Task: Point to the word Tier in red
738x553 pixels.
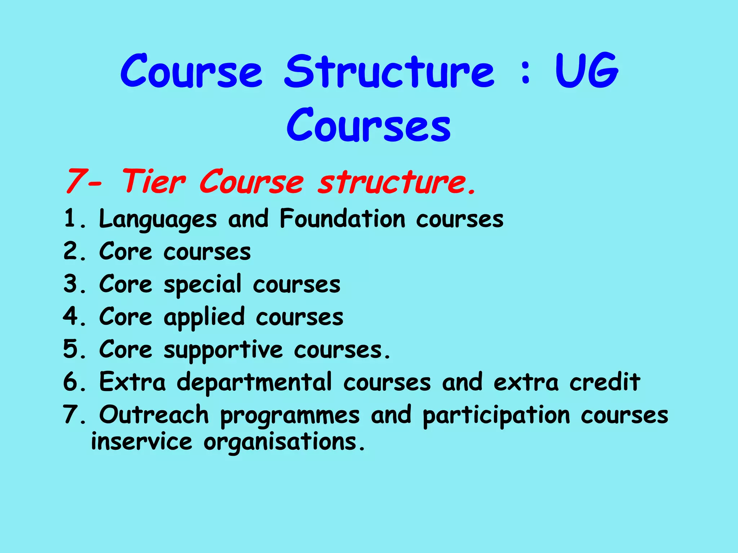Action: [154, 181]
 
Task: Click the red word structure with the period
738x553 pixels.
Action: [396, 181]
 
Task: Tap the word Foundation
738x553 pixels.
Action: [343, 219]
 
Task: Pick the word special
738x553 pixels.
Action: [203, 284]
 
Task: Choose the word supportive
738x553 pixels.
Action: [223, 350]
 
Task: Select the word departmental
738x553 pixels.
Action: [254, 382]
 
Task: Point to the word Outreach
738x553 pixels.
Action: [154, 415]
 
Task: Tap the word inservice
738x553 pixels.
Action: [142, 442]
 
